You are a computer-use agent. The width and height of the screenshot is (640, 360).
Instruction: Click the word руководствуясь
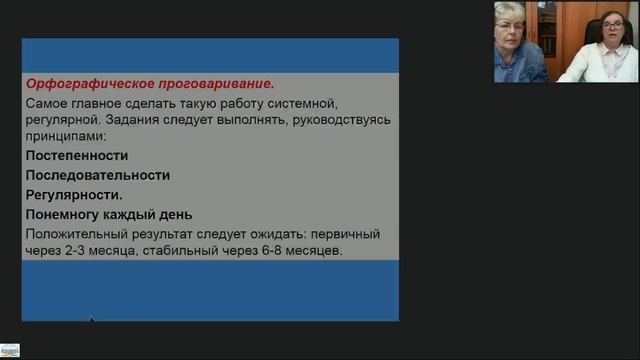tap(340, 119)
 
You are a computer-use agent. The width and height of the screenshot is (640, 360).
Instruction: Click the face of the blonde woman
tap(510, 22)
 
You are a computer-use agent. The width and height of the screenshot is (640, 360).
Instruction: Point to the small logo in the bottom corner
tap(10, 352)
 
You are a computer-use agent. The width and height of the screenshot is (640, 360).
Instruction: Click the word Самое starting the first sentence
tap(50, 102)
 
